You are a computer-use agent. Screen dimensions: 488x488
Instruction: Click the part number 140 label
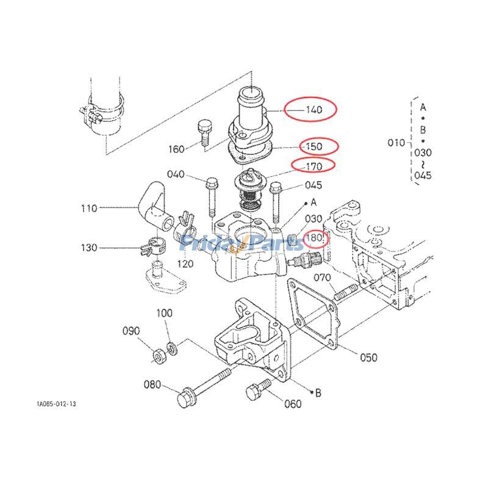[314, 110]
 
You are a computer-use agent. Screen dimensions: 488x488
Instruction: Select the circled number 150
[314, 146]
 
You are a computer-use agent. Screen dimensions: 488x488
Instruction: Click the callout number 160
[176, 149]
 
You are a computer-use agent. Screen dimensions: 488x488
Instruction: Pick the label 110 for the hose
[89, 209]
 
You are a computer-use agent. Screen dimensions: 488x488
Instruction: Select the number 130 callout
[89, 248]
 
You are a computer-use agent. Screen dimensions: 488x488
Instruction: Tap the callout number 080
[152, 385]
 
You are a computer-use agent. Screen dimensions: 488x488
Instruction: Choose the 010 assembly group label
[396, 143]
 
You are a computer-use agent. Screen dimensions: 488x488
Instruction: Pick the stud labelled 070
[345, 290]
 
